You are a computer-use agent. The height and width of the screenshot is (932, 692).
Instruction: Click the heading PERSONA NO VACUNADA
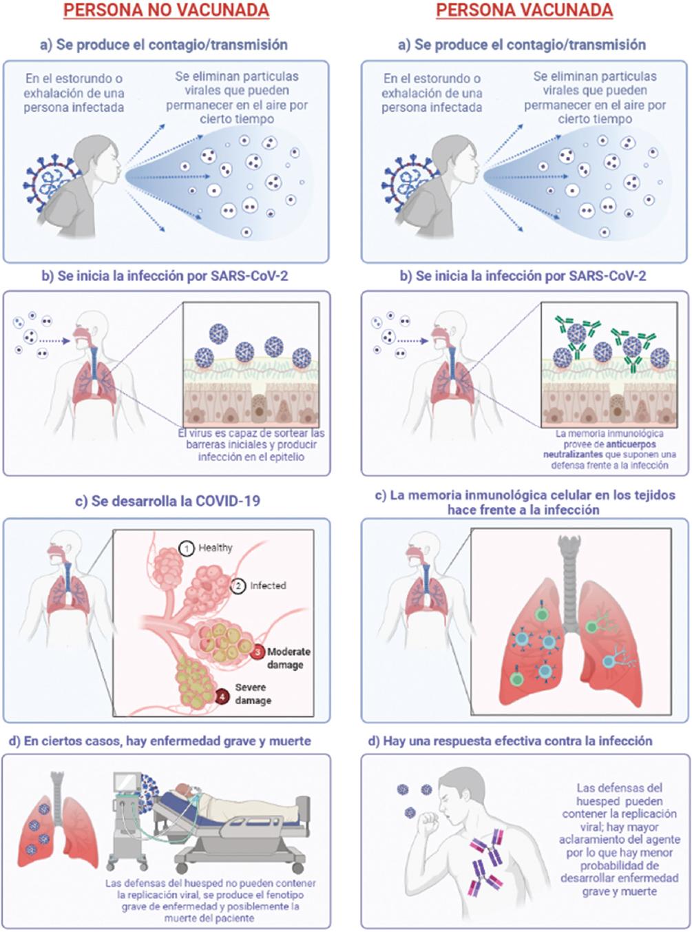pos(166,10)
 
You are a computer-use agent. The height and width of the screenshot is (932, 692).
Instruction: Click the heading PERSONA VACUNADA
pos(524,10)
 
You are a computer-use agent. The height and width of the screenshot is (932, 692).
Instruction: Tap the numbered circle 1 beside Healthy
pos(185,548)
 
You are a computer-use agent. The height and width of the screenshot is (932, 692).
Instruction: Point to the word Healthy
pos(216,548)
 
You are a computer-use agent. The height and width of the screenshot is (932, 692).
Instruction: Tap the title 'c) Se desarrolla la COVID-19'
pos(167,501)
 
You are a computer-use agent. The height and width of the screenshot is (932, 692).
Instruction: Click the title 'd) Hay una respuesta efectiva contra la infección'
pos(510,741)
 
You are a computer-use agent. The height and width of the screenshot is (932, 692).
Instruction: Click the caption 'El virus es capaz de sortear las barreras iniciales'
pos(251,439)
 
